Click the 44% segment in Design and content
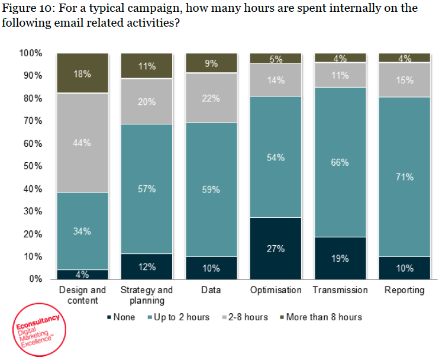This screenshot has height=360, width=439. pos(82,143)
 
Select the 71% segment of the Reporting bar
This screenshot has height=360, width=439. pos(405,176)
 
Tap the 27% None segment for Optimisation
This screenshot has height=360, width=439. pos(275,248)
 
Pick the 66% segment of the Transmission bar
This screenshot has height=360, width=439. pos(340,162)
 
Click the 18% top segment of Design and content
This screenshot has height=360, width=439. pos(82,73)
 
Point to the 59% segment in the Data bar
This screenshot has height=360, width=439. pos(211,189)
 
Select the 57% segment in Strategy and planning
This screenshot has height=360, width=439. pos(147,189)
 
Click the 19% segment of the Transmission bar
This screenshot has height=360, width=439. pos(340,258)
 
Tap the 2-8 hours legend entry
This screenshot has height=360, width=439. pos(243,317)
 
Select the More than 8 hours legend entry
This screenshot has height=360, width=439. pos(319,317)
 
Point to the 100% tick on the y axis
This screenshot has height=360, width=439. pos(31,53)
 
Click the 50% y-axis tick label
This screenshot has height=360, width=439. pos(33,166)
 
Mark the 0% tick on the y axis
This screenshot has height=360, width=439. pos(35,279)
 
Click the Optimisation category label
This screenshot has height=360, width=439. pos(275,290)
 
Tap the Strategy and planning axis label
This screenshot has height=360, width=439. pos(147,295)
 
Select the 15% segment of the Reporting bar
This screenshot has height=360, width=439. pos(405,80)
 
